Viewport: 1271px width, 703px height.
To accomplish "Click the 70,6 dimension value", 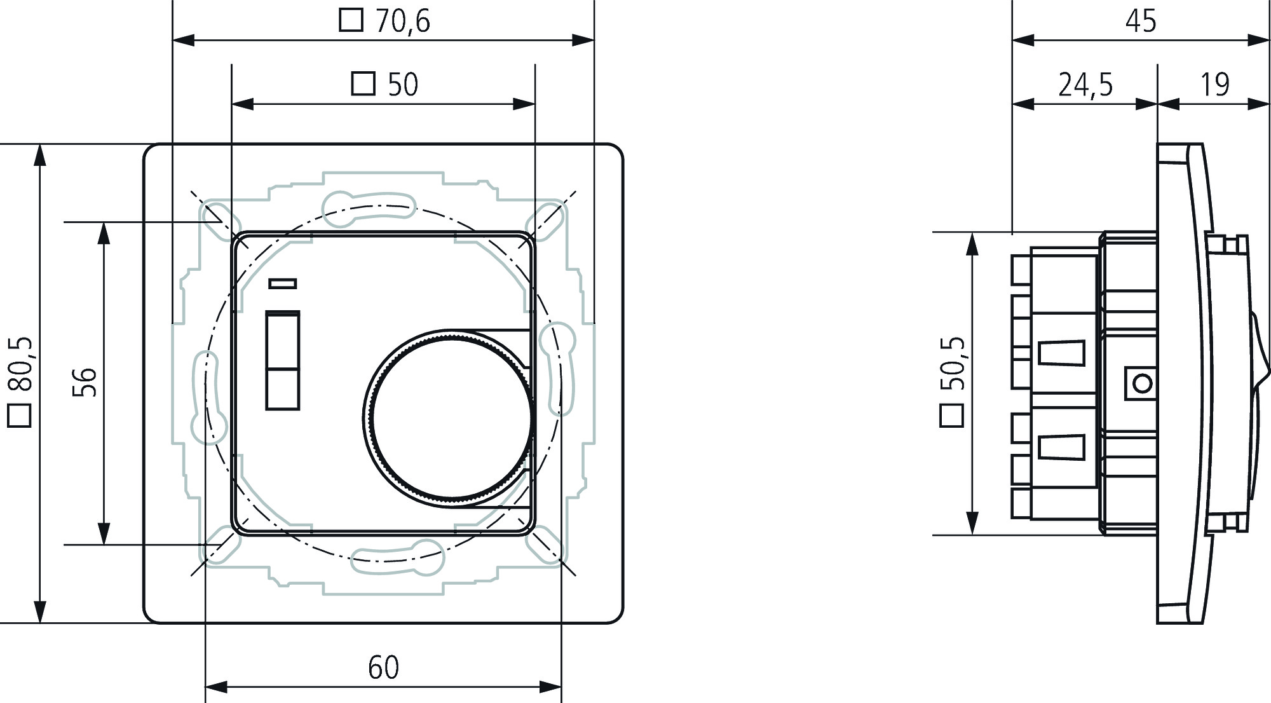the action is tap(403, 21).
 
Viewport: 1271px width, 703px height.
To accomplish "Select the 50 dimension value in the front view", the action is tap(403, 85).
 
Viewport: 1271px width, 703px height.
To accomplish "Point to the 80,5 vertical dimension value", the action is tap(21, 364).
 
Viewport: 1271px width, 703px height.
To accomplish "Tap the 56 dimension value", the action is tap(85, 383).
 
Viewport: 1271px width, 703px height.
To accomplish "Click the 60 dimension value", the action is tap(384, 668).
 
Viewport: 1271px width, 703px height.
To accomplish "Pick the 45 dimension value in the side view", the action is tap(1141, 21).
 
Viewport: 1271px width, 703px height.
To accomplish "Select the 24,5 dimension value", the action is tap(1085, 85).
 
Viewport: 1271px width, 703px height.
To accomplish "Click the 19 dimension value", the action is tap(1215, 85).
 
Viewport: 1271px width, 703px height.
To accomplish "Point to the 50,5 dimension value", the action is tap(953, 364).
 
